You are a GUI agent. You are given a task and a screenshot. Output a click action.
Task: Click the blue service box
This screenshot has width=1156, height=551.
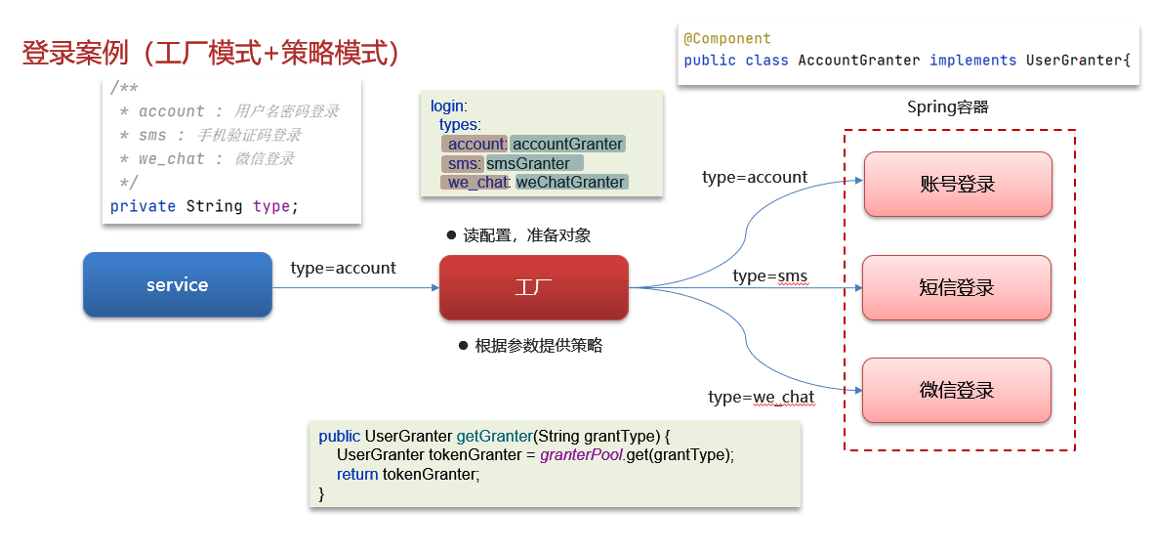[177, 285]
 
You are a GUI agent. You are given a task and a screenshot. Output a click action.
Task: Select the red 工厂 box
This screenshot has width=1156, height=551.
[533, 287]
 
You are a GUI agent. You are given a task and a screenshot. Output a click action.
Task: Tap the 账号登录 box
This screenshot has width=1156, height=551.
[957, 184]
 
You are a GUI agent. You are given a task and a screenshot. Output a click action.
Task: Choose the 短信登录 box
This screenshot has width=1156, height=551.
[956, 287]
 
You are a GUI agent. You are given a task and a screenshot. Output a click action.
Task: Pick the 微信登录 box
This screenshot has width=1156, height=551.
[956, 390]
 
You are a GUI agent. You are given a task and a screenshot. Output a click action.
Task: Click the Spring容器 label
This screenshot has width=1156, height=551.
[947, 107]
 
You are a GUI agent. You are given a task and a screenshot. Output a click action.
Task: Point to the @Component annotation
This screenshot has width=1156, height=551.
[726, 39]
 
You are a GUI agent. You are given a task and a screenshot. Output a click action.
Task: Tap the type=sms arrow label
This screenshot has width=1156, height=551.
[769, 275]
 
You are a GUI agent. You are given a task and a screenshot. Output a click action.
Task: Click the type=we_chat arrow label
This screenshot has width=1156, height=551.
[761, 397]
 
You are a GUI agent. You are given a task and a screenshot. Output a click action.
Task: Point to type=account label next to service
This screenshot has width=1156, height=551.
[343, 268]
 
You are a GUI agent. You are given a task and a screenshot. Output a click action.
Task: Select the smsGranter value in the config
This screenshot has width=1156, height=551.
[528, 163]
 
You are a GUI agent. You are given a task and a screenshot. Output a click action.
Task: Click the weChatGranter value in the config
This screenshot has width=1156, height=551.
[570, 182]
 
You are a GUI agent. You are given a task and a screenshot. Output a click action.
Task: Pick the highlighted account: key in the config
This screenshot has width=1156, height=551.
[475, 144]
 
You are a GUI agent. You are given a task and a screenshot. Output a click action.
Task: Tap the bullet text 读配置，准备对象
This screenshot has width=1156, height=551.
[526, 235]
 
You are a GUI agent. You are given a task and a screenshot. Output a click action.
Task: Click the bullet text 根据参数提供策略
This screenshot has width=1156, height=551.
[538, 346]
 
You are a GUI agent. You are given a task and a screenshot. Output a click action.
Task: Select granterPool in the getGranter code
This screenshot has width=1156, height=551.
[581, 455]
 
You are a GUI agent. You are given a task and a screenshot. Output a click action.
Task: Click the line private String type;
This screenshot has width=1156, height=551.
[204, 206]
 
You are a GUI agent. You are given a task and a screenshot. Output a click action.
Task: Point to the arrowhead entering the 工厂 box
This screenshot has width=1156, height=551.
[434, 287]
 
